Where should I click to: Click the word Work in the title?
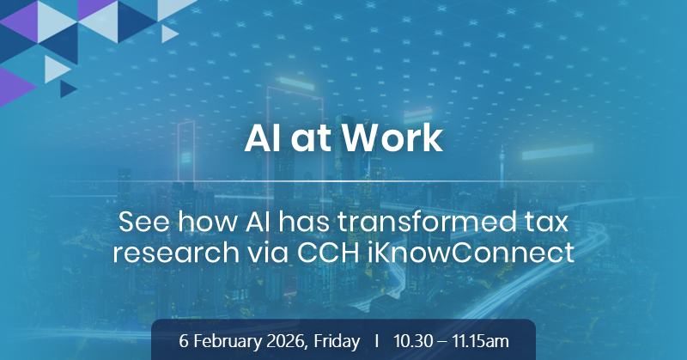(392, 138)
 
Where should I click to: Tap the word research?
(176, 253)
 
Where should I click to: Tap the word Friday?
(337, 341)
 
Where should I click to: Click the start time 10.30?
(413, 341)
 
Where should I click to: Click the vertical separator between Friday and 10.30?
(377, 341)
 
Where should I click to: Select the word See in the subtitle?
(144, 222)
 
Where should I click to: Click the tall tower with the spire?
(502, 164)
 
